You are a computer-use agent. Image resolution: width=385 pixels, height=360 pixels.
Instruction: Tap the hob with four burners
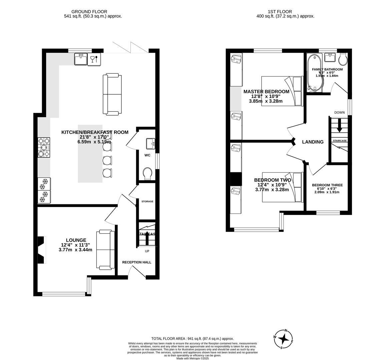click(x=44, y=147)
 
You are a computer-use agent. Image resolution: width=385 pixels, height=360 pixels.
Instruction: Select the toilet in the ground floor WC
click(x=147, y=173)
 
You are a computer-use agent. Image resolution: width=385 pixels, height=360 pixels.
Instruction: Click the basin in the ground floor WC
click(x=151, y=144)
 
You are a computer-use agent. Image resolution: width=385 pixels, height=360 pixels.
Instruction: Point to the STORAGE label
click(x=147, y=201)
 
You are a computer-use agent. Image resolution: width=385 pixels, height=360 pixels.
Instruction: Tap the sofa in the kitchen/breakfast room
click(x=112, y=94)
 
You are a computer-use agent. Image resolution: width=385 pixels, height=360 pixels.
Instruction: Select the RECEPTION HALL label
click(x=136, y=262)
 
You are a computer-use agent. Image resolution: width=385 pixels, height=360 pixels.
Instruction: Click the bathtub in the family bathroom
click(x=314, y=73)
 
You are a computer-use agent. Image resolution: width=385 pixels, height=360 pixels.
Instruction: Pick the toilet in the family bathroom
click(x=342, y=59)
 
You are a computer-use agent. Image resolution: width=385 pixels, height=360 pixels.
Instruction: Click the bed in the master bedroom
click(x=282, y=91)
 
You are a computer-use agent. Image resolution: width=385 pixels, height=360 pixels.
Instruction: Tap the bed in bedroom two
click(x=282, y=187)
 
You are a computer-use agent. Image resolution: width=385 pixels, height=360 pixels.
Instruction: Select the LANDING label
click(x=313, y=142)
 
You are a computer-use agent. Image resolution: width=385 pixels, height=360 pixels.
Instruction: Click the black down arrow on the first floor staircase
click(x=339, y=127)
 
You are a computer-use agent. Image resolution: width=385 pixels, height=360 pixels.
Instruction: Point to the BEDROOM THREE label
click(x=327, y=185)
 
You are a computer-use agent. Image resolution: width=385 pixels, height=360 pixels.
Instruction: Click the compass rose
click(x=284, y=339)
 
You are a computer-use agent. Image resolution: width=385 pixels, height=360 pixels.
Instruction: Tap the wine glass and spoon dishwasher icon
click(x=94, y=59)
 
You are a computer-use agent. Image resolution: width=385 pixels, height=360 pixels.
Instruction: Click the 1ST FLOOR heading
click(x=276, y=12)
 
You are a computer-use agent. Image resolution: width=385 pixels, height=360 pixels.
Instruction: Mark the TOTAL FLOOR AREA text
click(x=192, y=338)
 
